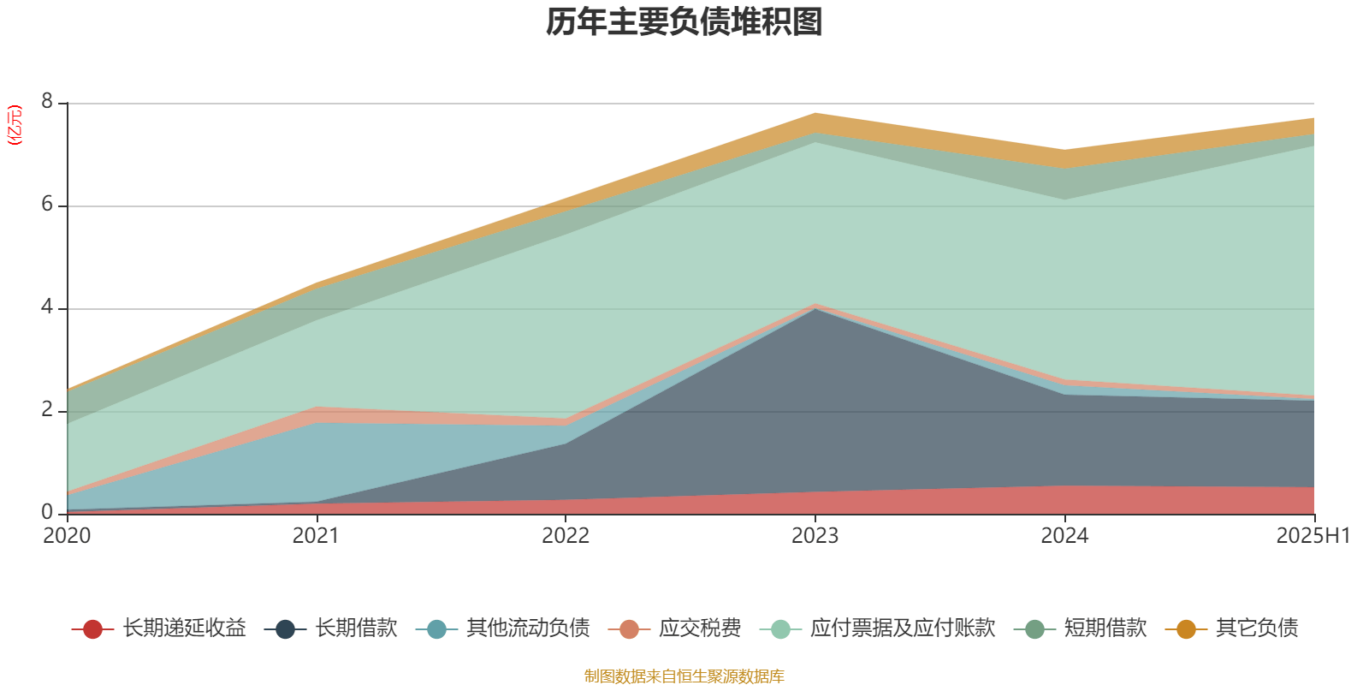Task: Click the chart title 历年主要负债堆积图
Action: pos(684,23)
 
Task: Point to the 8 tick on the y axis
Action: pos(47,102)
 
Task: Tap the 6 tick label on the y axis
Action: pos(47,205)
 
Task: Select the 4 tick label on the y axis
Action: pos(47,307)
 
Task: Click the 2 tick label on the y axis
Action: pos(47,410)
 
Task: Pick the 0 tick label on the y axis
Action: pos(47,512)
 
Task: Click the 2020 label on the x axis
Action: pos(67,536)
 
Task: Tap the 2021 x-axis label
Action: pos(316,536)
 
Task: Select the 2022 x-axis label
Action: pos(566,536)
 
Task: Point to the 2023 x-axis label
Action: pos(815,536)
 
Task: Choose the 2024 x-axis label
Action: pos(1064,536)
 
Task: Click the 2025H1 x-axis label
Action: pos(1313,536)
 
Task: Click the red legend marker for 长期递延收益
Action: pos(92,629)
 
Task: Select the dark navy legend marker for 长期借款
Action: pos(285,629)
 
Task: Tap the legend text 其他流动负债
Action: pos(528,628)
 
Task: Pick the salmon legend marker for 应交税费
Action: pos(629,629)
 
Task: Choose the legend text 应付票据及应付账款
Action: pos(903,628)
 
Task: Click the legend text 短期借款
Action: pos(1105,628)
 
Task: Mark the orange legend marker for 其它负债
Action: pos(1186,629)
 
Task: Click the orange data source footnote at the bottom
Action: pos(684,676)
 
